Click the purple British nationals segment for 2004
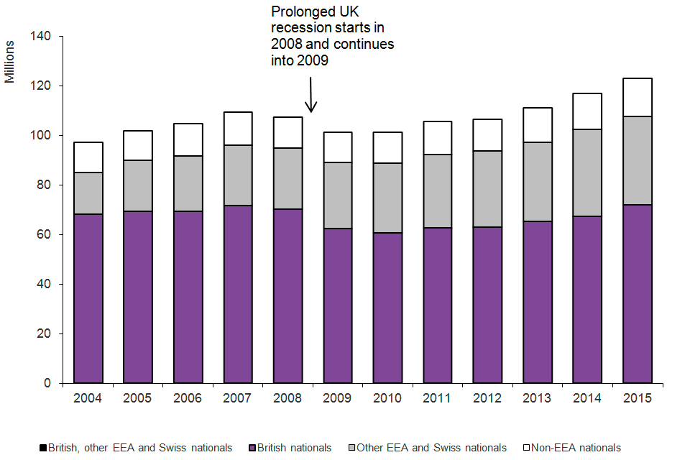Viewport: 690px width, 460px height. pos(88,298)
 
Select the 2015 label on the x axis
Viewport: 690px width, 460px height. pos(637,398)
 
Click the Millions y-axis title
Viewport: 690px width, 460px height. pos(10,62)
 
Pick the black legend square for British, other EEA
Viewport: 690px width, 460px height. pos(44,448)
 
